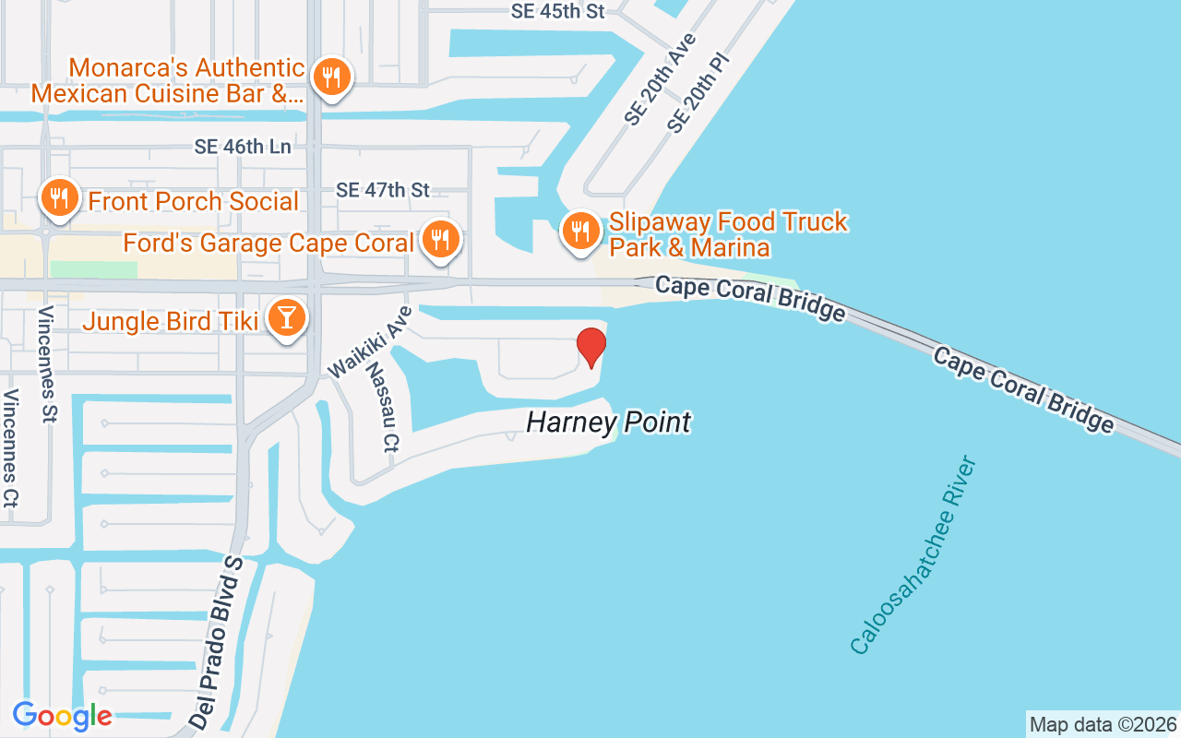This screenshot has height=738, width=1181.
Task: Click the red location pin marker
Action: coord(591,347)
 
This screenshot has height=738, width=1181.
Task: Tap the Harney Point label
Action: coord(608,423)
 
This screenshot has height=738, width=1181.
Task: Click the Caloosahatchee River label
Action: coord(913,555)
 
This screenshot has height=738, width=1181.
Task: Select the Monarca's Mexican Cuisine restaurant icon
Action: coord(329,77)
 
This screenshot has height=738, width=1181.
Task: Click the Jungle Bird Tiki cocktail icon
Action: coord(287,318)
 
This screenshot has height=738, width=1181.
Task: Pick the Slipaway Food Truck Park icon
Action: coord(579,230)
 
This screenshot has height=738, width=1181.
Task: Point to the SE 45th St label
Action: coord(557,11)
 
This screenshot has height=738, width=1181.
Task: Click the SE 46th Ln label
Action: coord(243,147)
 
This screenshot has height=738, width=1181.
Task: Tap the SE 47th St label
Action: coord(383,190)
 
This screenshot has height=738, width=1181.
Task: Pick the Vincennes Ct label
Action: coord(11,447)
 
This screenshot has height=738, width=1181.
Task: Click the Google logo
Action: coord(62,715)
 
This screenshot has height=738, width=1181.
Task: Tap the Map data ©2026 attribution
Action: coord(1103,724)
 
